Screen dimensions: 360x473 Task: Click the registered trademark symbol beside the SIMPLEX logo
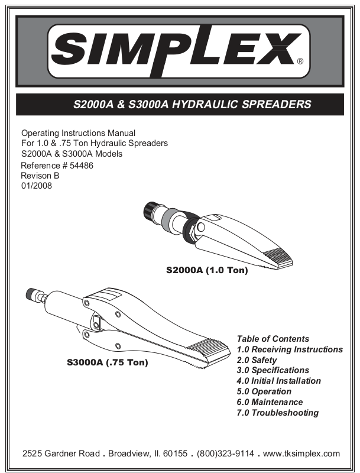click(300, 61)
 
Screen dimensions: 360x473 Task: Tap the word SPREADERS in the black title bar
click(278, 105)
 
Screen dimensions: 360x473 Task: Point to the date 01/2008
click(36, 186)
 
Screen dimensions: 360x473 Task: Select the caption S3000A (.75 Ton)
click(107, 362)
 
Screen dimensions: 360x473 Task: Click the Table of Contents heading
click(273, 339)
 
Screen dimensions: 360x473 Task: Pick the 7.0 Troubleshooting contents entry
click(277, 413)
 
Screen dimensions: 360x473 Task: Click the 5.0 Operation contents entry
click(264, 392)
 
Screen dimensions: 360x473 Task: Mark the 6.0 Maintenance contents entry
click(270, 403)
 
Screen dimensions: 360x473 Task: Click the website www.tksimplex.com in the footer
click(301, 453)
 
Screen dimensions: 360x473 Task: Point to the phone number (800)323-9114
click(225, 453)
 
